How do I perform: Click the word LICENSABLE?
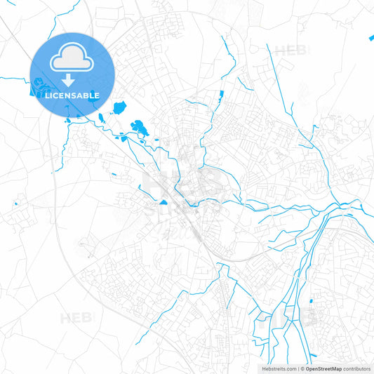click(x=73, y=95)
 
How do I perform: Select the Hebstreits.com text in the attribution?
click(x=279, y=368)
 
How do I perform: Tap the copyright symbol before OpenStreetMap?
click(x=302, y=368)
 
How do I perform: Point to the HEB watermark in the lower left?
click(x=76, y=318)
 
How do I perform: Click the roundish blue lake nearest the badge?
click(x=119, y=107)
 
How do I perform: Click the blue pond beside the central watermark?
click(x=163, y=202)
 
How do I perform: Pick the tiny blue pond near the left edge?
click(x=15, y=205)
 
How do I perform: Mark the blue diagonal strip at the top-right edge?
click(x=370, y=37)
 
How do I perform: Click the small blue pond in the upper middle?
click(x=221, y=93)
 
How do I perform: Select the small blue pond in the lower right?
click(x=312, y=302)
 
